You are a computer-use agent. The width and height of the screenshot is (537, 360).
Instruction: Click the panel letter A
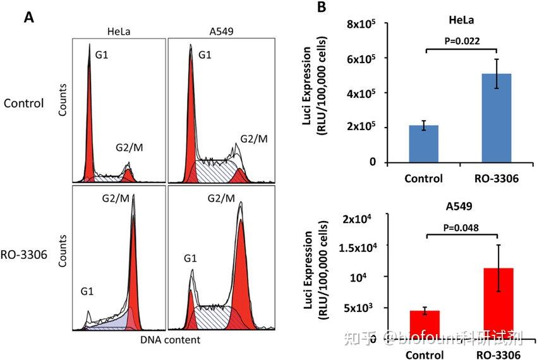coord(29,17)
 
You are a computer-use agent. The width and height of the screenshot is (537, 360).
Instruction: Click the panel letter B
coord(322,8)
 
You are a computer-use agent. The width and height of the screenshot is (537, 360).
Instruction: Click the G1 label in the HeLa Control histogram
coord(100,56)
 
